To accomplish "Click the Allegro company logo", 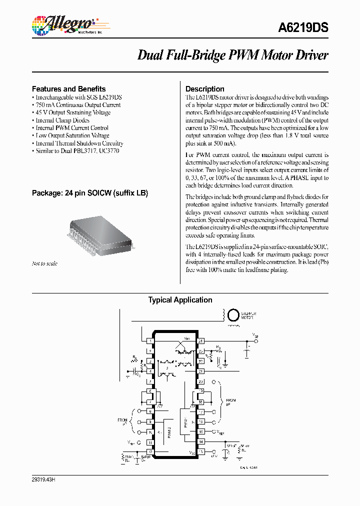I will (x=62, y=24).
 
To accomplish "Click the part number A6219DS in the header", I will (x=303, y=28).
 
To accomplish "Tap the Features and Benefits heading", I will (x=68, y=88).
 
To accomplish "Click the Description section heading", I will (x=204, y=89).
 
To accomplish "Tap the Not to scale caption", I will (x=44, y=263).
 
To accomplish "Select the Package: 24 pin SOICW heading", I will (x=90, y=193).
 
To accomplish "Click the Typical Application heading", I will (x=180, y=300).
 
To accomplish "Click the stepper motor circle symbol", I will (x=233, y=315).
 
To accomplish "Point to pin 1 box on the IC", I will (x=150, y=341).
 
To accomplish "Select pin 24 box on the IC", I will (x=200, y=341).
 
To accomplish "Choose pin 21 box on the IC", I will (x=200, y=371).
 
